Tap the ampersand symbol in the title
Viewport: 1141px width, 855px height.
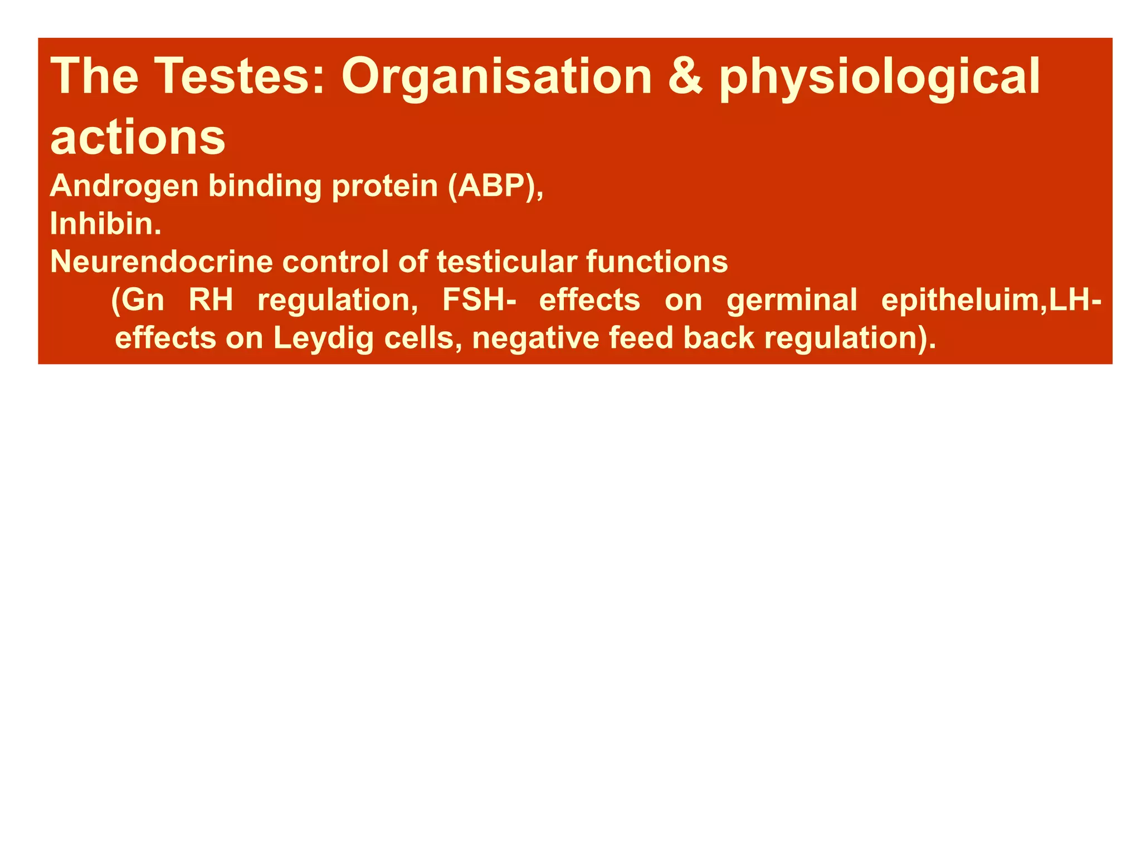685,77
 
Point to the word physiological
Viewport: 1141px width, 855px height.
879,78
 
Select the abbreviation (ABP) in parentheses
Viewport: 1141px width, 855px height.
496,186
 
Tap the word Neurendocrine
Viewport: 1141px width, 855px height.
162,262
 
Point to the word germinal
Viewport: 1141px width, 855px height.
792,299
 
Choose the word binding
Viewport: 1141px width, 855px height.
265,186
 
